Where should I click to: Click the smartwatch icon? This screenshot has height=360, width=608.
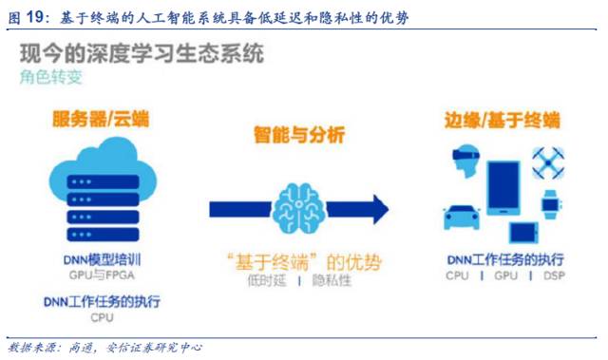tap(550, 202)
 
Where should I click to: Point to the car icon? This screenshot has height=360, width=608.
tap(461, 218)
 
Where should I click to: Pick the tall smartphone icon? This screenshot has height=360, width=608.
tap(503, 185)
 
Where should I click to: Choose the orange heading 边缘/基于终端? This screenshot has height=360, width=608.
tap(502, 121)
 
